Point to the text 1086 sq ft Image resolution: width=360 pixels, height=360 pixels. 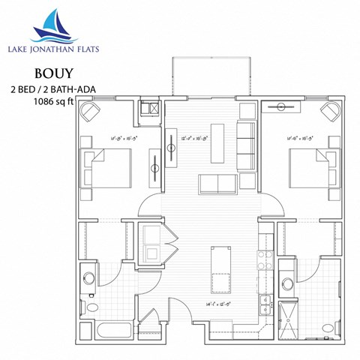54,102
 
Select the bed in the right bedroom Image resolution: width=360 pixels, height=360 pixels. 310,166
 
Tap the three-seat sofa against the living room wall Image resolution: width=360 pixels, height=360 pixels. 247,139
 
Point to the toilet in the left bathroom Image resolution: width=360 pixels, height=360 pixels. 91,306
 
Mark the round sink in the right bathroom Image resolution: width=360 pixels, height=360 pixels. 288,283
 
